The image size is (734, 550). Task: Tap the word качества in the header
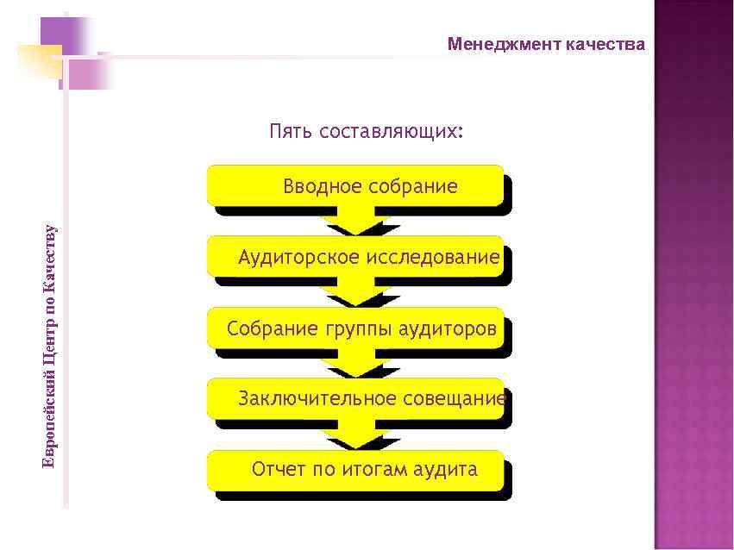tap(605, 45)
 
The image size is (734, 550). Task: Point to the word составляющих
tap(391, 132)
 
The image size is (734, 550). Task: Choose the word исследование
tap(433, 258)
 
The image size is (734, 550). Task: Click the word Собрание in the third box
tap(273, 329)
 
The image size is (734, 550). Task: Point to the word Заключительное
tap(317, 398)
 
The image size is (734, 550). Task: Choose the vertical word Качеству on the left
tap(50, 253)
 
